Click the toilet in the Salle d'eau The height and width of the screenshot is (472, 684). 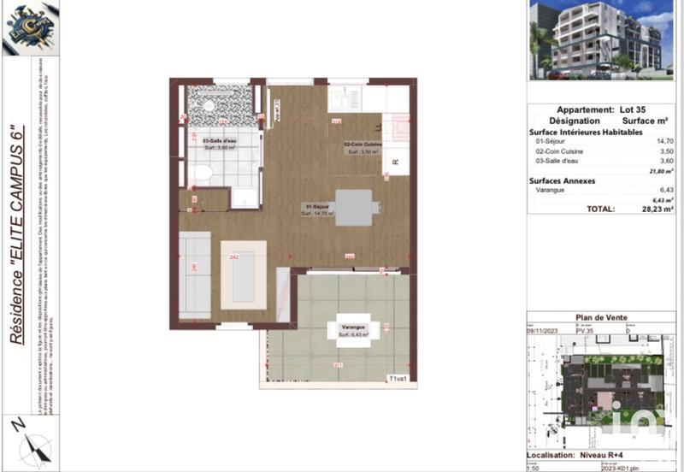[202, 174]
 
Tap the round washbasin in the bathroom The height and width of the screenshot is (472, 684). [206, 108]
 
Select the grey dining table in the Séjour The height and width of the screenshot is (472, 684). [354, 208]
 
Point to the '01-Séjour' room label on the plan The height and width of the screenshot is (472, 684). [317, 206]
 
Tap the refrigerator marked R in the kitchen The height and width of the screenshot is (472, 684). [395, 162]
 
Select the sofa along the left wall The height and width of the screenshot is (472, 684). [195, 274]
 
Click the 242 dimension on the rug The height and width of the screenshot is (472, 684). [233, 256]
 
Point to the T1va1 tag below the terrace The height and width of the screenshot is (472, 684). [398, 378]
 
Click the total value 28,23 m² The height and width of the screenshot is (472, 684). [654, 208]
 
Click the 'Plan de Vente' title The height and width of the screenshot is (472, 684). [602, 318]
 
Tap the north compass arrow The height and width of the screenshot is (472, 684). [34, 445]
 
